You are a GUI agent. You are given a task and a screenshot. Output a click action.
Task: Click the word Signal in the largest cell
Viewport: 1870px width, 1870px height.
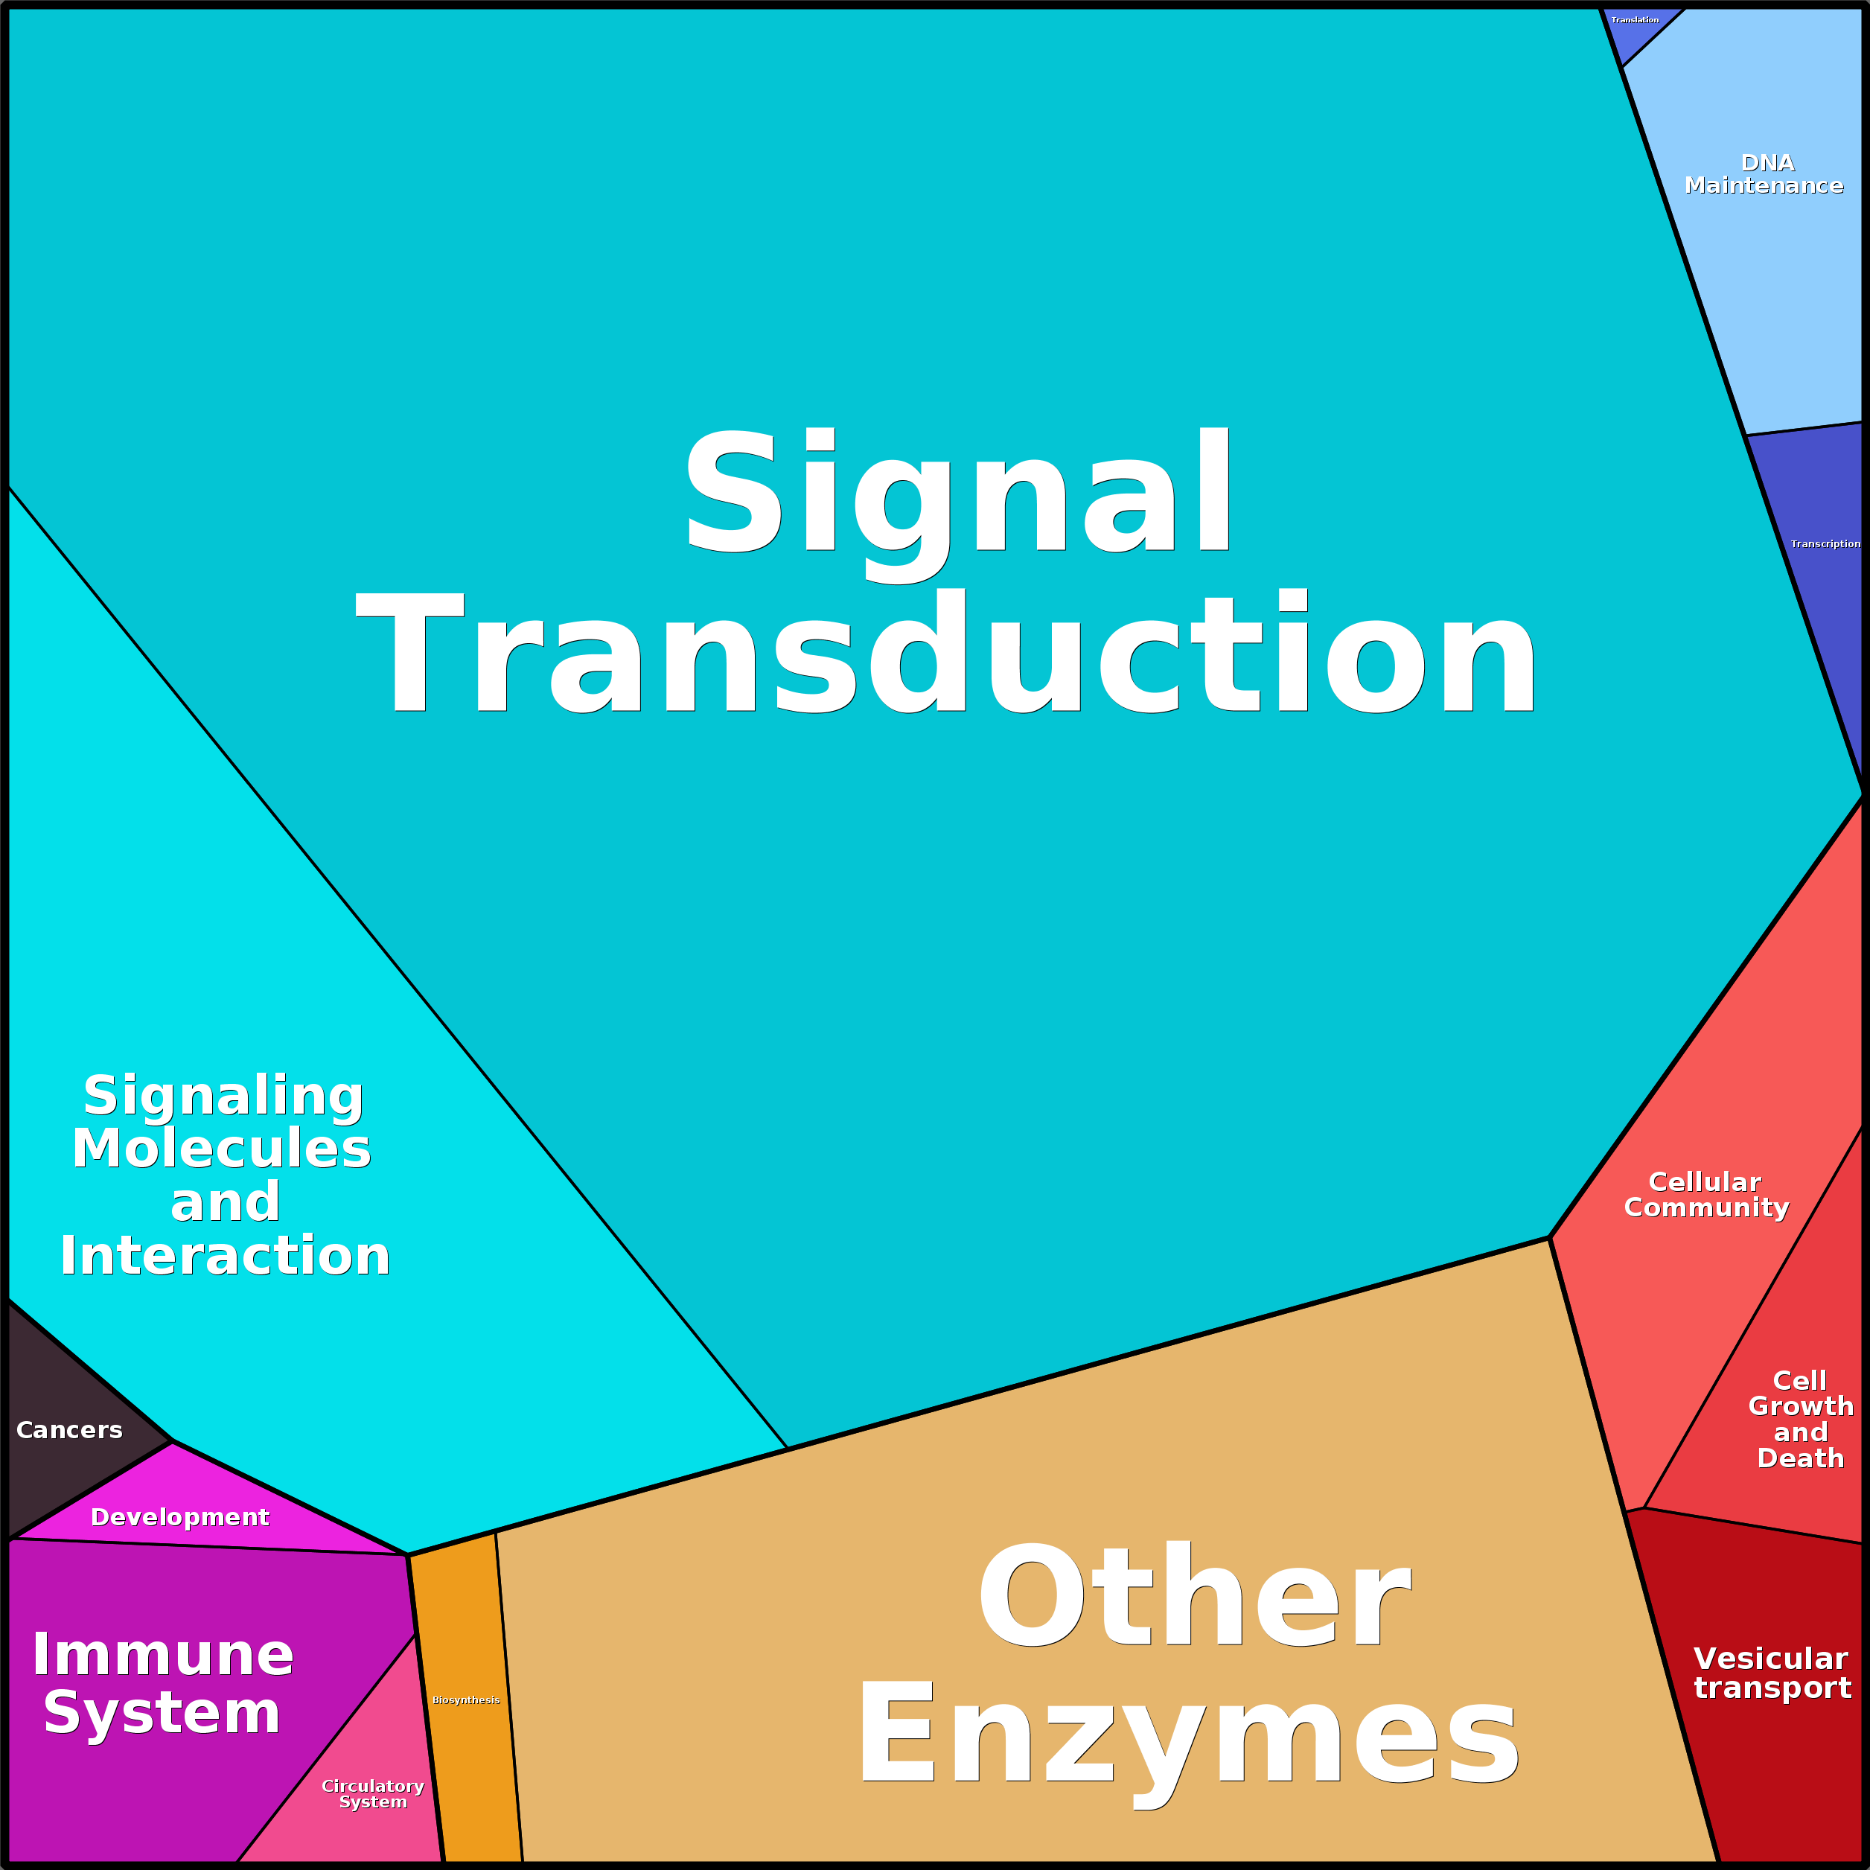958,494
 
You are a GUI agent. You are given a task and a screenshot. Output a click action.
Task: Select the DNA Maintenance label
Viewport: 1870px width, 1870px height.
1764,174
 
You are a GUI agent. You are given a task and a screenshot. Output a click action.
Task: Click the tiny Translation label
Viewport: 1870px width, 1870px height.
1635,20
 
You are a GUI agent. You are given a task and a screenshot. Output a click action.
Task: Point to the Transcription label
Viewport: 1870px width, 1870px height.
1825,544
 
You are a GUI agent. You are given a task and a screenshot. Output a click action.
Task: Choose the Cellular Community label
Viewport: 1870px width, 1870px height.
1706,1194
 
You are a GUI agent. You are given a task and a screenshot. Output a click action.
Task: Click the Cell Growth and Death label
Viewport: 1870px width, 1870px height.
1800,1419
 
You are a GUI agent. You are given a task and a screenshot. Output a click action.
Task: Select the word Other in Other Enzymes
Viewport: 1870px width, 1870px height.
1193,1596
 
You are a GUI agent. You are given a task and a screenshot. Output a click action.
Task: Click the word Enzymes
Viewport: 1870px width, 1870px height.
1189,1735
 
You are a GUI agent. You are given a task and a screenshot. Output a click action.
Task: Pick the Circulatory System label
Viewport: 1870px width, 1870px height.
373,1793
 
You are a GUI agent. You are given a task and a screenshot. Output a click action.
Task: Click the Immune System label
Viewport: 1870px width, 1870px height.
162,1683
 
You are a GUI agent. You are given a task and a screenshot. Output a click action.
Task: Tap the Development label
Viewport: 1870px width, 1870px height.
180,1516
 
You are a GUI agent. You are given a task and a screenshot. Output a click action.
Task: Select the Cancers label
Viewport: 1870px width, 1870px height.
70,1429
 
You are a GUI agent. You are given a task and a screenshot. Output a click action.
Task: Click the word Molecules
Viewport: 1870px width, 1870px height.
222,1149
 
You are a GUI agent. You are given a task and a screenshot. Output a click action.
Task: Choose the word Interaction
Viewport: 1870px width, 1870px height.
225,1257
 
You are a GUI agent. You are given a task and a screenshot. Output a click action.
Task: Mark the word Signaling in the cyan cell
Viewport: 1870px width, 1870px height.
223,1096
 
